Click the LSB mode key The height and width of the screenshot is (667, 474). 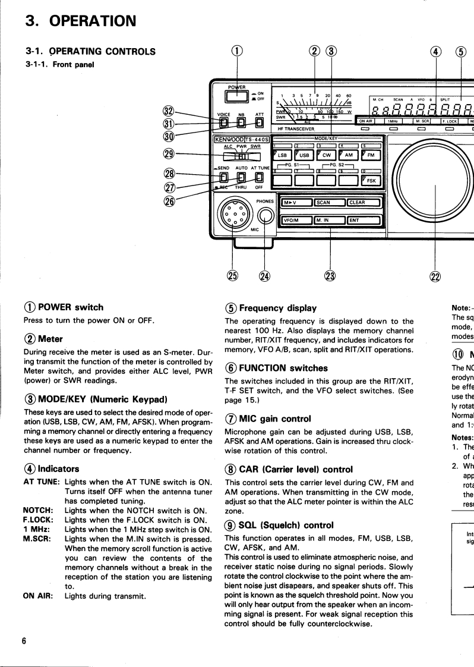(282, 156)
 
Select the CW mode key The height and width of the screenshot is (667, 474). (326, 156)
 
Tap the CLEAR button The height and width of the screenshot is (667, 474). (364, 203)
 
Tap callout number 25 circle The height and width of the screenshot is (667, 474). (232, 275)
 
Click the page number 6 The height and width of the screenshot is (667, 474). (24, 636)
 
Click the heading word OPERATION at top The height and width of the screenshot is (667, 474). (92, 21)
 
